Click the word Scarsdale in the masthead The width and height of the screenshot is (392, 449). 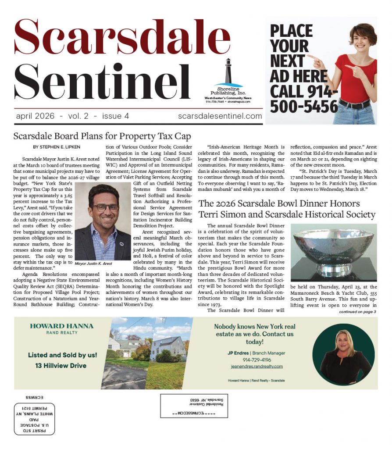point(122,39)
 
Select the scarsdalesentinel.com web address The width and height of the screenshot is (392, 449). point(220,116)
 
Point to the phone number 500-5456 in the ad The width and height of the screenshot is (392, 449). point(304,106)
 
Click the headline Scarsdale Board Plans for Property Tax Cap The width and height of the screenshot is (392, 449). point(102,136)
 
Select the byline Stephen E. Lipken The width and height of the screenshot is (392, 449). point(57,147)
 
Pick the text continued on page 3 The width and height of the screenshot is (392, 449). point(357,312)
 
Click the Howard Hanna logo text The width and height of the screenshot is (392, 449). point(61,326)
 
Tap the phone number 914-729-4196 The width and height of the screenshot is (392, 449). point(254,360)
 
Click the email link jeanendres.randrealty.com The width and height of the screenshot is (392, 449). point(257,366)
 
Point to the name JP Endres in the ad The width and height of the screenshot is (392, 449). point(238,353)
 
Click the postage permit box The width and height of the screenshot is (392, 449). point(35,419)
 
